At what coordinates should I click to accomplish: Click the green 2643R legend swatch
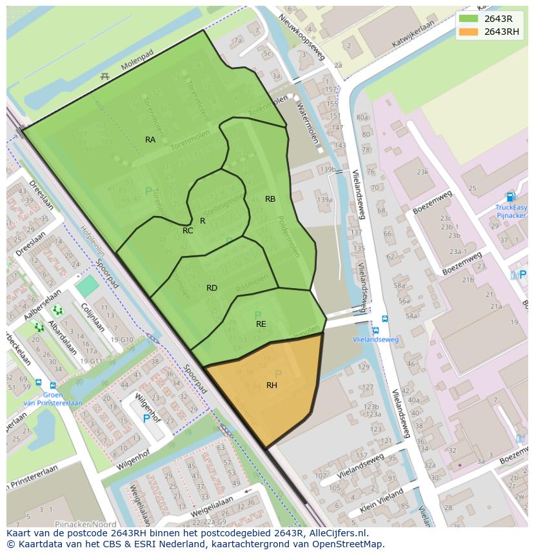pyautogui.click(x=468, y=19)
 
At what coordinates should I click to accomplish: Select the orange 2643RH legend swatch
pyautogui.click(x=468, y=32)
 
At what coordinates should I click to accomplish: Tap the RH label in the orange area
pyautogui.click(x=272, y=385)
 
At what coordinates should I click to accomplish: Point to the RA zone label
pyautogui.click(x=150, y=140)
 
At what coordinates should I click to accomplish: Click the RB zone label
pyautogui.click(x=270, y=199)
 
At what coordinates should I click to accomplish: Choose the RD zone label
pyautogui.click(x=212, y=288)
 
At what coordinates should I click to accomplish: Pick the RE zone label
pyautogui.click(x=261, y=324)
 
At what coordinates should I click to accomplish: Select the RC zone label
pyautogui.click(x=188, y=231)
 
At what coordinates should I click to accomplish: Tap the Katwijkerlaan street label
pyautogui.click(x=413, y=34)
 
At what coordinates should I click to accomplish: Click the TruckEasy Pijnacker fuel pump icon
pyautogui.click(x=511, y=197)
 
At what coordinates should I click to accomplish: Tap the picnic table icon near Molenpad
pyautogui.click(x=104, y=77)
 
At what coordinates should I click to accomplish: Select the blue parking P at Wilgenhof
pyautogui.click(x=146, y=418)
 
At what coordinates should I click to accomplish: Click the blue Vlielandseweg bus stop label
pyautogui.click(x=376, y=340)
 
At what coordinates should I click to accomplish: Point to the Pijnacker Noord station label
pyautogui.click(x=86, y=524)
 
